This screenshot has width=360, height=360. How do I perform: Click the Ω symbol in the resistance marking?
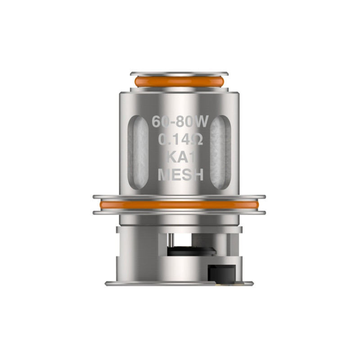click(x=198, y=140)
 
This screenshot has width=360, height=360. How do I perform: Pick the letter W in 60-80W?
click(x=198, y=122)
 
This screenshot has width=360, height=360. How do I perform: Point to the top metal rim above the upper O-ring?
click(x=180, y=73)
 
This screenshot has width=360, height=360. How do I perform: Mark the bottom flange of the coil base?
click(x=179, y=283)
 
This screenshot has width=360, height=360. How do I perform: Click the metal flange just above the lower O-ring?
click(x=179, y=197)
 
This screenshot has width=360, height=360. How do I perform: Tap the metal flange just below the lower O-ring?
click(x=179, y=212)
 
